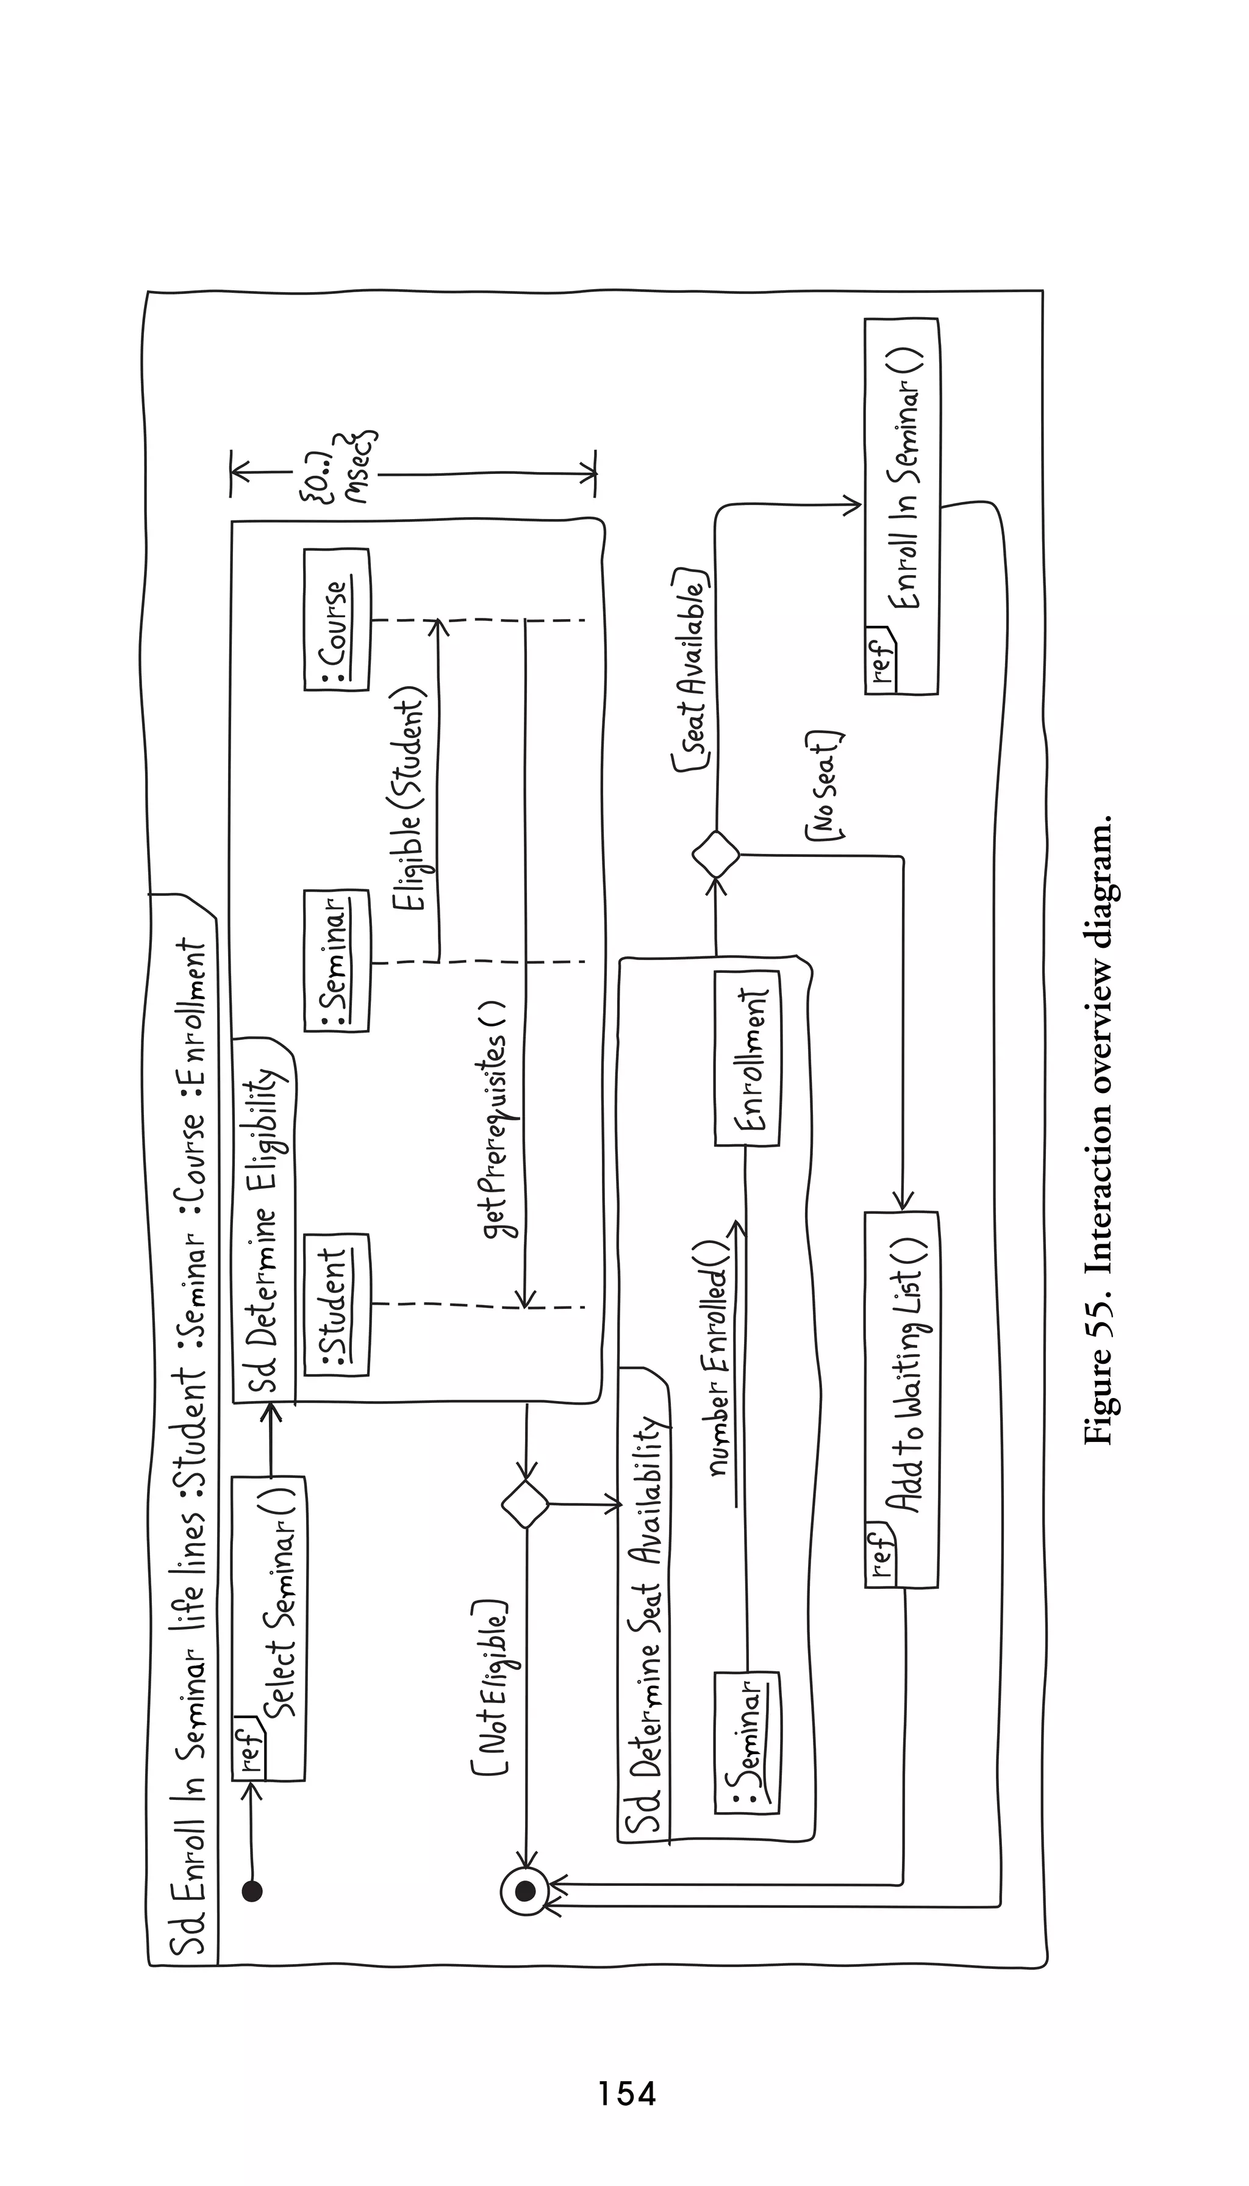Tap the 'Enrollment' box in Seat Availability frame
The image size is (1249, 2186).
(x=747, y=1058)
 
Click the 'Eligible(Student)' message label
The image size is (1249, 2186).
(x=409, y=801)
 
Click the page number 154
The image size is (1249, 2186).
(x=627, y=2093)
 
